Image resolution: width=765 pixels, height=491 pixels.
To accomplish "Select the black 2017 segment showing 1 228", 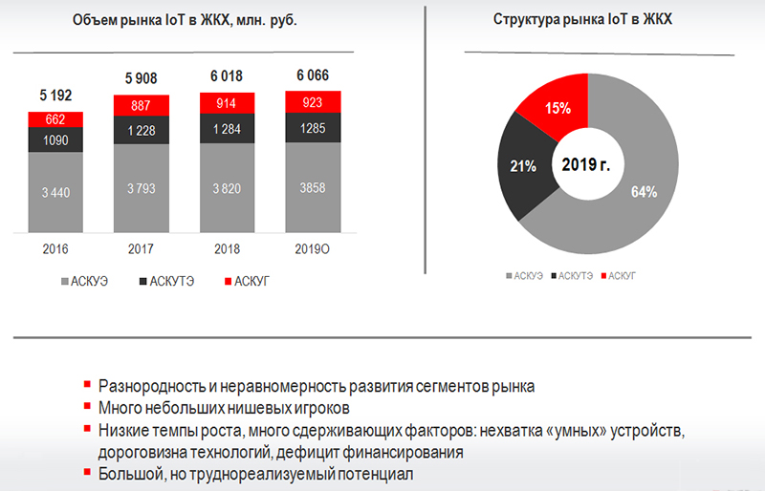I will (141, 131).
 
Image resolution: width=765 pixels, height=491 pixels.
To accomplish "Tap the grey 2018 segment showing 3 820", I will (228, 188).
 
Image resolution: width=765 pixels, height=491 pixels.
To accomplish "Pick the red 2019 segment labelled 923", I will (313, 103).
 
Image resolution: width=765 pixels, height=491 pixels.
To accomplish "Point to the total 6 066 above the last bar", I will (313, 75).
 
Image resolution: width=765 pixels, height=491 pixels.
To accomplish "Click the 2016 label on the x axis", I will (55, 249).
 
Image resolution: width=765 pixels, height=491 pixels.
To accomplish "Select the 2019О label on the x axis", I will (313, 249).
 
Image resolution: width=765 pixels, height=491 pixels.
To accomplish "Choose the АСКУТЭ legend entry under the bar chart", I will (171, 282).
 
